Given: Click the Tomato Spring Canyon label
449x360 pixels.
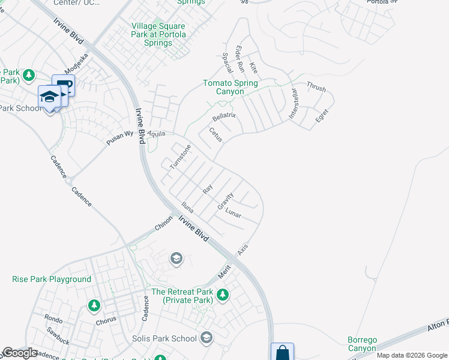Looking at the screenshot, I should click(231, 87).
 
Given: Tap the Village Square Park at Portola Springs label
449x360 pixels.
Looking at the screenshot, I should click(158, 35).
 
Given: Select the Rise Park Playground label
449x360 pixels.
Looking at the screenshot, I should click(52, 279).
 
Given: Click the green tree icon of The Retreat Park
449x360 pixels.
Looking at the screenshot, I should click(223, 295).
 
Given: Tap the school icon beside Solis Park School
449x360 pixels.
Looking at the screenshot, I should click(206, 338).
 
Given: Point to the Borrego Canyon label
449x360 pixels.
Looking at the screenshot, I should click(363, 344).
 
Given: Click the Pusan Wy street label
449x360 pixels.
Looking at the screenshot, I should click(120, 137).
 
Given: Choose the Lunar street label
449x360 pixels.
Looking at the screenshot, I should click(233, 212).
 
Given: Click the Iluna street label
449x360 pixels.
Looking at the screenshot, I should click(187, 208).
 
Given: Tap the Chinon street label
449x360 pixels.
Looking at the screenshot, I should click(163, 223).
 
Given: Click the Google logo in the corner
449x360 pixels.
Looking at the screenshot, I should click(20, 353).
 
